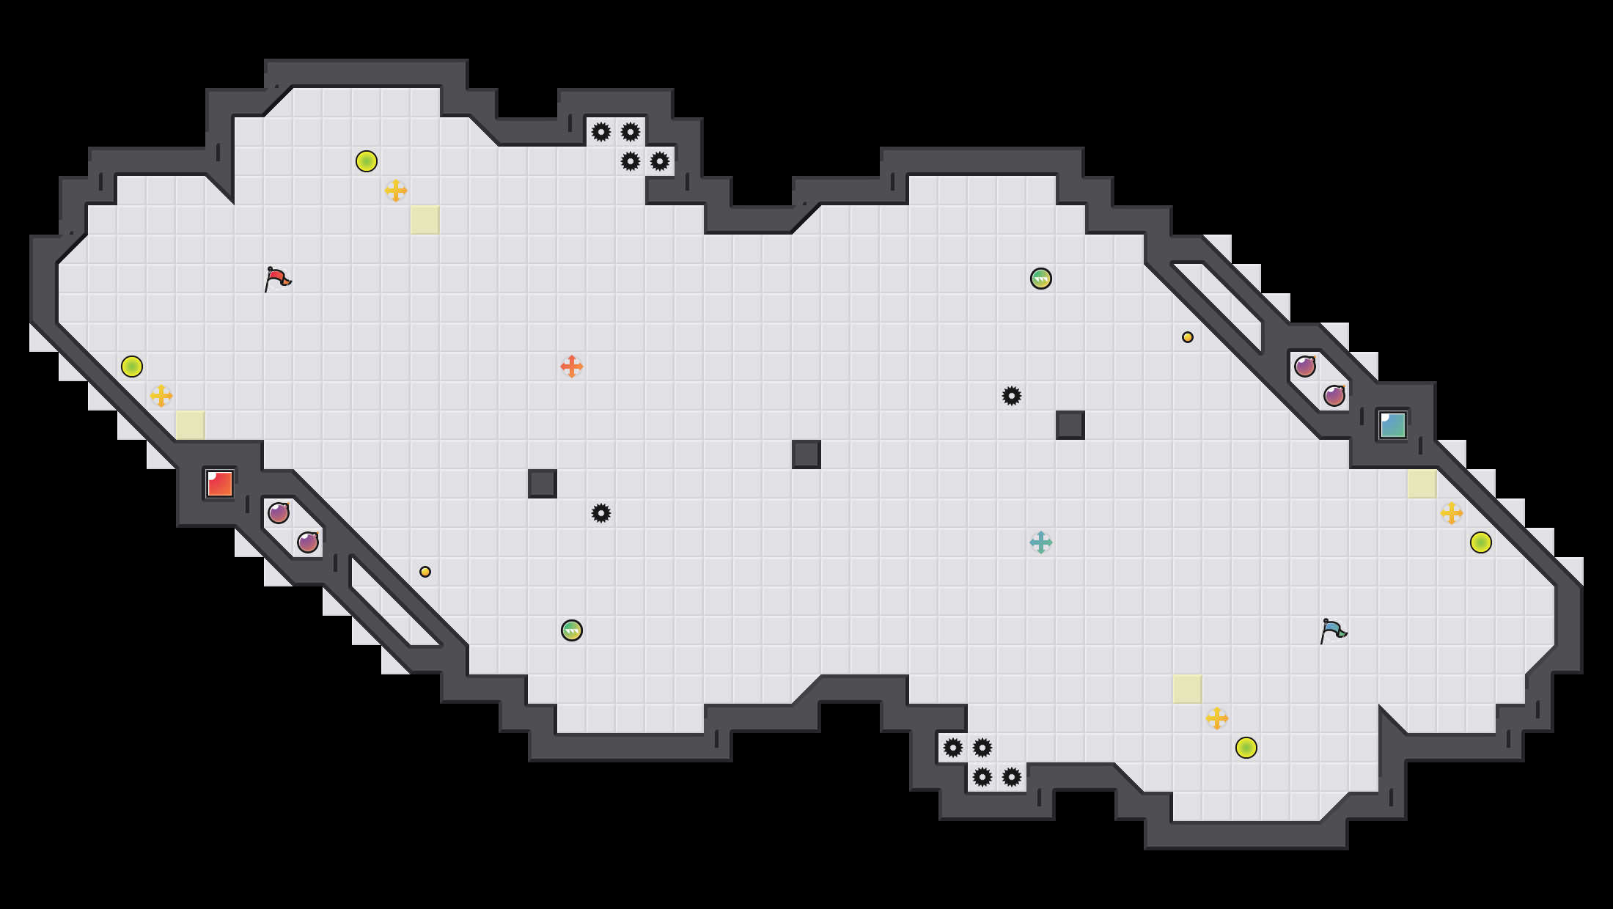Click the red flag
click(x=277, y=279)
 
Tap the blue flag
click(x=1333, y=630)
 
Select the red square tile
click(x=220, y=484)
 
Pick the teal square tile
click(x=1393, y=425)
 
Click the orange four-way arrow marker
click(x=572, y=367)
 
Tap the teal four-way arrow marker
click(x=1041, y=542)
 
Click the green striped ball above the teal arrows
click(x=1041, y=279)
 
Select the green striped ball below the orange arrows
click(x=572, y=630)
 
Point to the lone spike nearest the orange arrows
click(x=601, y=513)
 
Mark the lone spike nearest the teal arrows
click(x=1012, y=396)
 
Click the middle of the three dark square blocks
click(x=806, y=454)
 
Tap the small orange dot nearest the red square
click(x=425, y=572)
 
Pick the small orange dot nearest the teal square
click(x=1188, y=337)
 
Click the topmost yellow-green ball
click(x=367, y=161)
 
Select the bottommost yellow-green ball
click(x=1246, y=748)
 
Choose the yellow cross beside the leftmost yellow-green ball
click(x=161, y=396)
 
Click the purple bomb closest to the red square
click(x=279, y=513)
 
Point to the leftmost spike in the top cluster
click(x=601, y=132)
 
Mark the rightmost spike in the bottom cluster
click(x=1012, y=777)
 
